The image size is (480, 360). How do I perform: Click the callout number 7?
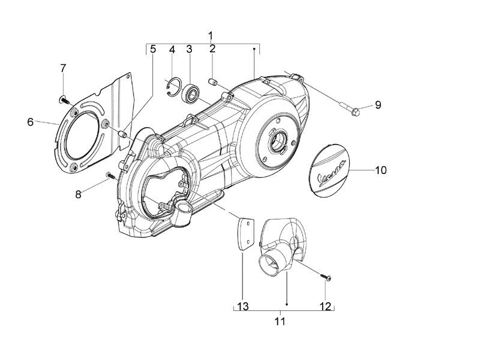point(63,68)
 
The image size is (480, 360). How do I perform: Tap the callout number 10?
point(381,170)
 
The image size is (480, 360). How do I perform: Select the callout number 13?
point(243,307)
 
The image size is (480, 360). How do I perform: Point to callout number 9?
point(378,105)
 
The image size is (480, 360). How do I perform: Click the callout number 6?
point(31,122)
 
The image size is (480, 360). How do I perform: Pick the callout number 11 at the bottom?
point(280,322)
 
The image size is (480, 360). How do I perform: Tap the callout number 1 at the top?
point(211,36)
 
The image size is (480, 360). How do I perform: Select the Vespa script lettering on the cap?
point(332,176)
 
